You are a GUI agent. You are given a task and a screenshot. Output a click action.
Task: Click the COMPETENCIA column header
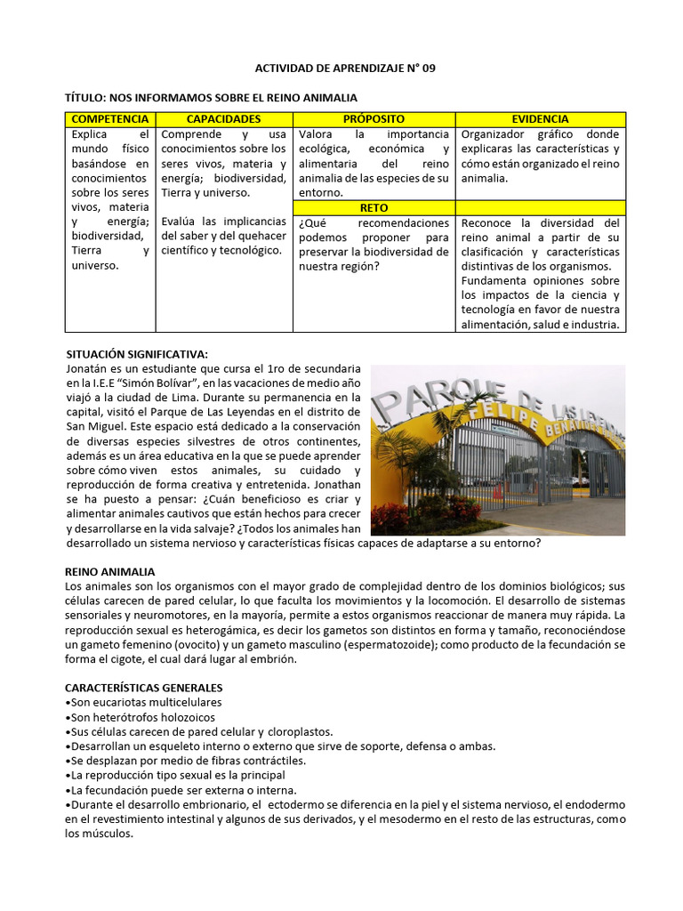tap(109, 119)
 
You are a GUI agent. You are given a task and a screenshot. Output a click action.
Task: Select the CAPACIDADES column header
tap(224, 119)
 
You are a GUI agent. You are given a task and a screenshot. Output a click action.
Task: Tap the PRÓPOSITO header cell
tap(374, 119)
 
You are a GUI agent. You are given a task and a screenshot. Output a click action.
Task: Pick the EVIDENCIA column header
tap(541, 119)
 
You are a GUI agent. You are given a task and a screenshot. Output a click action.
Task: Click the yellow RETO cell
tap(374, 207)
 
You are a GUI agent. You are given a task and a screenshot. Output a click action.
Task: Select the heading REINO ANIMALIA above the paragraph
tap(110, 571)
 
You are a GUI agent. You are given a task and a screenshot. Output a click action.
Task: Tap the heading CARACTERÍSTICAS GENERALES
tap(144, 688)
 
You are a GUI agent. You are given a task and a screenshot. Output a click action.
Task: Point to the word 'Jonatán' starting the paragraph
tap(86, 368)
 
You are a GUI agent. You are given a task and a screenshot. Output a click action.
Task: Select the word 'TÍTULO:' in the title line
tap(91, 97)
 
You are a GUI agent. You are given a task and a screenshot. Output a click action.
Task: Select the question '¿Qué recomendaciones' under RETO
tap(374, 223)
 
